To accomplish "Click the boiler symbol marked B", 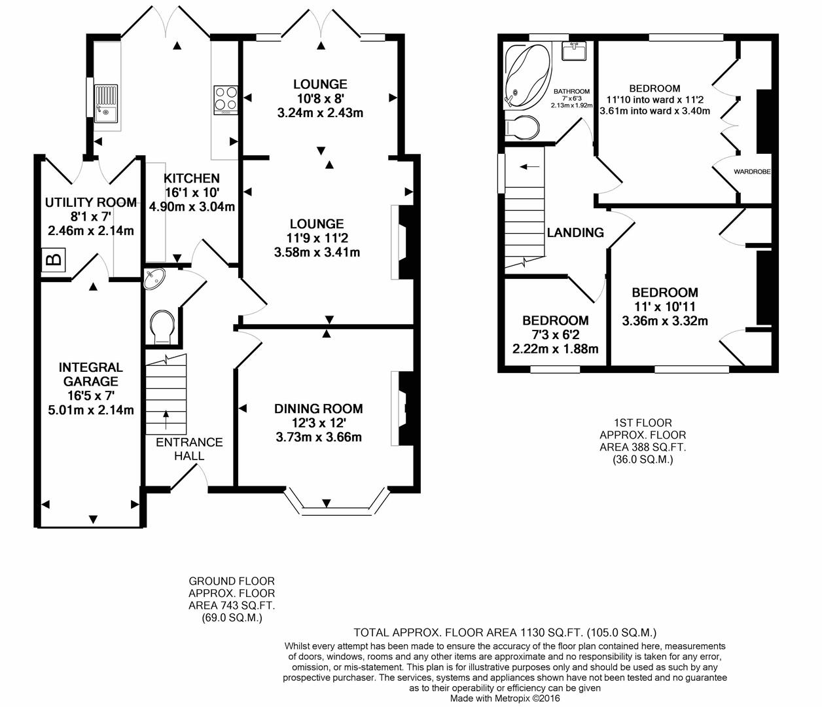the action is point(53,260).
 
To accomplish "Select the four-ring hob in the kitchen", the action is point(226,100).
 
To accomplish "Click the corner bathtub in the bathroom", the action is point(527,77).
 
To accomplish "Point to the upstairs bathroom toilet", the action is point(522,127).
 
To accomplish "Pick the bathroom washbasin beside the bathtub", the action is point(574,51).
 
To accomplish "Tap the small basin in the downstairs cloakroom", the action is point(154,278).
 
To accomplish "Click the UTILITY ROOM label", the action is point(91,202).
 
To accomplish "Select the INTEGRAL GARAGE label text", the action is point(91,374).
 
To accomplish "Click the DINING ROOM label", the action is point(318,408).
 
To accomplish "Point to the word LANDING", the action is point(575,232).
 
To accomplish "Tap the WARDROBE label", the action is point(752,172).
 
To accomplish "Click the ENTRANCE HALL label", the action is point(189,449).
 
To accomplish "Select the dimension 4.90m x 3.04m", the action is point(192,207).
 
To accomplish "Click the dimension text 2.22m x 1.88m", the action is point(555,349).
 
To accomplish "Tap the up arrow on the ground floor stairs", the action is point(166,420).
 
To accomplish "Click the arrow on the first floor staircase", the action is point(530,166).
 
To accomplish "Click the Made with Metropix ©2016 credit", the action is point(505,698).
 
